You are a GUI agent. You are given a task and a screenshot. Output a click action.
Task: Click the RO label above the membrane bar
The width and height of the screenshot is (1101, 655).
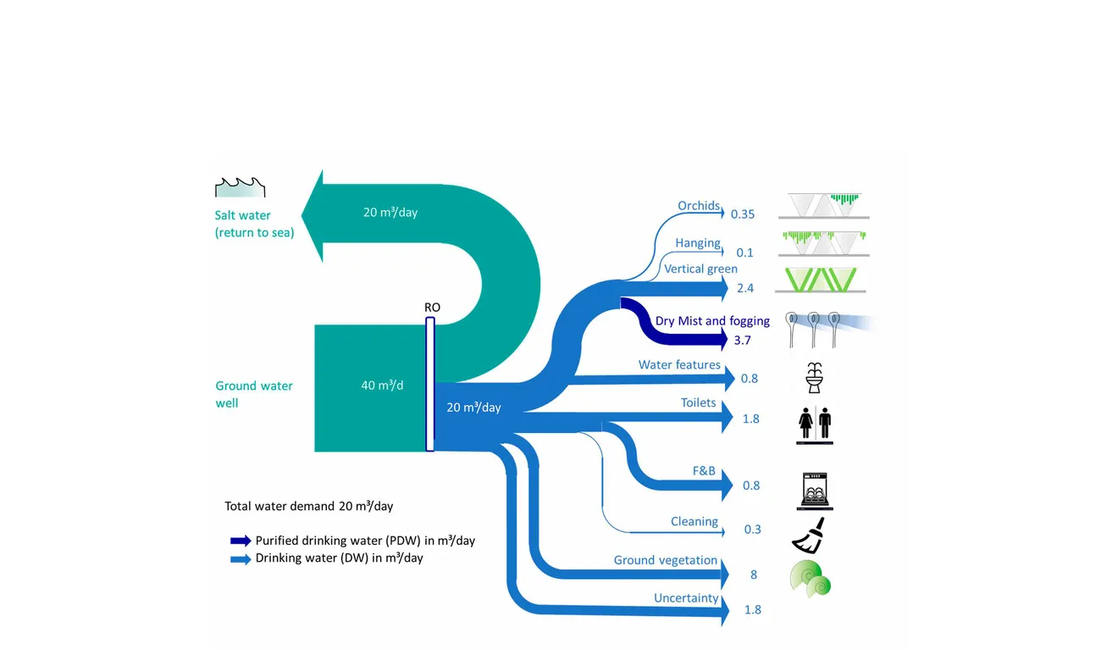click(x=432, y=308)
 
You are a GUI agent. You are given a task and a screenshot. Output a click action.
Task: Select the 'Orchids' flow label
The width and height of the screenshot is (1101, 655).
click(x=699, y=206)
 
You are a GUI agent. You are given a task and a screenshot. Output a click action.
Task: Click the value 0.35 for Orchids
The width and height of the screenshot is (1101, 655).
click(x=742, y=214)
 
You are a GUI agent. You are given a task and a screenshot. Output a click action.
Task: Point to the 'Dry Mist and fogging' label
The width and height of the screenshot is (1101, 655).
click(x=712, y=321)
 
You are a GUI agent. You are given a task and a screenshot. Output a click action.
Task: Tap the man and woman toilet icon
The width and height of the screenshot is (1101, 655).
click(x=816, y=421)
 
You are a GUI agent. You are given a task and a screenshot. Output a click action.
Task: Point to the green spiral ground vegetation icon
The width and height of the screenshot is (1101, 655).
click(x=811, y=579)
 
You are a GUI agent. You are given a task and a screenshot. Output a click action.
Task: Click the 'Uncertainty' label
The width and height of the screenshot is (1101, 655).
click(x=686, y=598)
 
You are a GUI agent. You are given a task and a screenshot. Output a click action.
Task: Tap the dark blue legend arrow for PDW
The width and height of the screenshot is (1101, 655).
click(x=241, y=541)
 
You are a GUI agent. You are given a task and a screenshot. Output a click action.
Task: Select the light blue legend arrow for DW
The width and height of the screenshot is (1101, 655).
click(x=241, y=559)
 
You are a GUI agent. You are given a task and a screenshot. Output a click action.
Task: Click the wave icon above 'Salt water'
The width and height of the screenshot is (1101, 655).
click(x=241, y=186)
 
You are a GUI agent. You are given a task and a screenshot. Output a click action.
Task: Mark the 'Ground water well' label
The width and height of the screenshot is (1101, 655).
click(x=254, y=394)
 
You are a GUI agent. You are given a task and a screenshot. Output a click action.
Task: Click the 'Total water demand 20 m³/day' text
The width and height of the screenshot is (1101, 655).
click(x=309, y=507)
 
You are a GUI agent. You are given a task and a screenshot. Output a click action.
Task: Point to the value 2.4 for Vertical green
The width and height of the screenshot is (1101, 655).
click(x=745, y=288)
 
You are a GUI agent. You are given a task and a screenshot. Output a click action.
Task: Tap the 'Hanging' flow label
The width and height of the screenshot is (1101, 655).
click(x=698, y=243)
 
